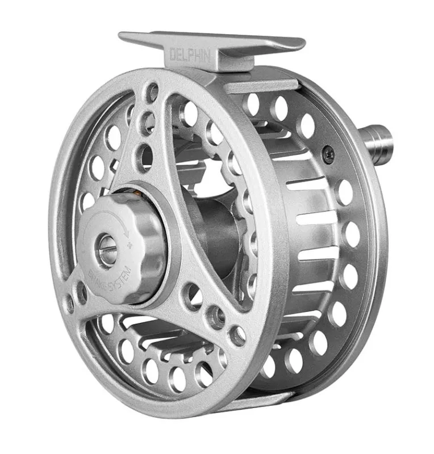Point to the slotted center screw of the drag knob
(x=106, y=246)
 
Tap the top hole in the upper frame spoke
(x=152, y=93)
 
